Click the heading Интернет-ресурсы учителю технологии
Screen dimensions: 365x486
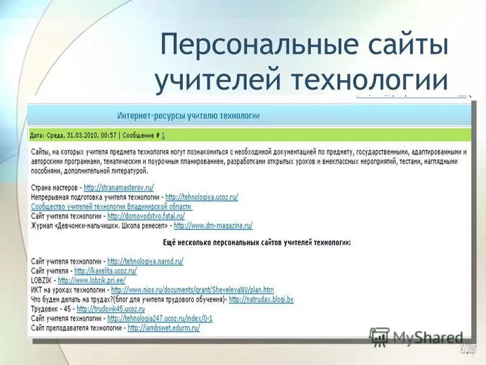[188, 115]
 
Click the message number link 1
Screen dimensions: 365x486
[163, 134]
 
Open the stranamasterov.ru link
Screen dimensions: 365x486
[119, 188]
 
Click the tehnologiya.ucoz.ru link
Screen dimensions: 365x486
[201, 197]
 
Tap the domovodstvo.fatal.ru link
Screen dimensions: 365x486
[146, 216]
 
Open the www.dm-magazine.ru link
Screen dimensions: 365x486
[213, 225]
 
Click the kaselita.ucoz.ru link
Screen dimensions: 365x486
[105, 270]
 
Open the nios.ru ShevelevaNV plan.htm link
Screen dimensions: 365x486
[192, 290]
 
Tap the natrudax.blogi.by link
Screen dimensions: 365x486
[261, 299]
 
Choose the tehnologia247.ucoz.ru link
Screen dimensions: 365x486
[159, 318]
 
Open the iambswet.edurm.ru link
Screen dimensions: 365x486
[163, 327]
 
